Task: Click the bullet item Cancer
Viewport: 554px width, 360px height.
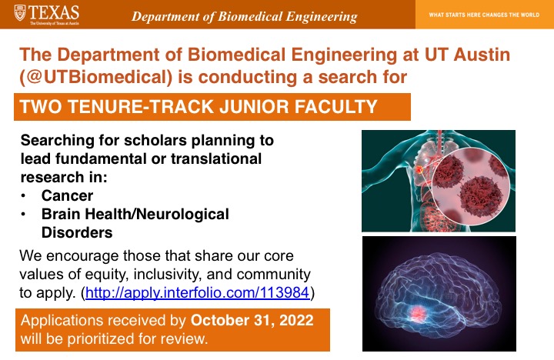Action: coord(68,195)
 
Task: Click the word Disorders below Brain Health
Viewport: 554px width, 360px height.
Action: coord(77,232)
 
